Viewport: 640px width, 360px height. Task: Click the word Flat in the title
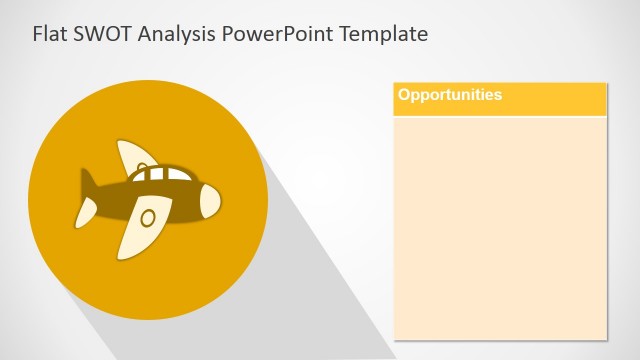point(50,34)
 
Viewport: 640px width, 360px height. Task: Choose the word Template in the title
point(384,35)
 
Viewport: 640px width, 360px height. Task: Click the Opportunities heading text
point(450,95)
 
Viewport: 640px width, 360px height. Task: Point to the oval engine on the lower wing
point(147,217)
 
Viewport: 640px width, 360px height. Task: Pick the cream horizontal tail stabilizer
point(89,211)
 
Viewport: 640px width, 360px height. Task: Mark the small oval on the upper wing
point(143,165)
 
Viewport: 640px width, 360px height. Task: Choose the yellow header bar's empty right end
point(570,99)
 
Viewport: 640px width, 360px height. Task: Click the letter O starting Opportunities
point(404,95)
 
